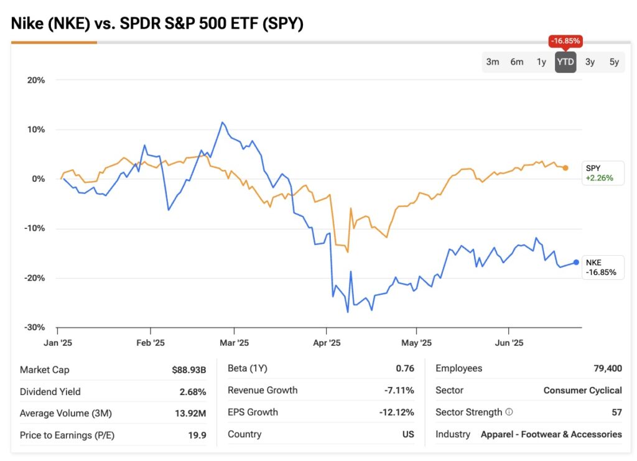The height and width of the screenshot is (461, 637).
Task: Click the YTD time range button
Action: click(565, 62)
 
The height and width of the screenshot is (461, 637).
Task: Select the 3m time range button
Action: click(493, 62)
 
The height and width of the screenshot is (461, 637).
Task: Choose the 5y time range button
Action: click(614, 62)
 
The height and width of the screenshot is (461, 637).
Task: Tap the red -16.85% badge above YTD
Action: click(565, 41)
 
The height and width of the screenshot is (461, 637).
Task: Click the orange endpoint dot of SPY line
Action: click(565, 168)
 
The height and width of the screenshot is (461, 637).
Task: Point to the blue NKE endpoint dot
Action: click(576, 262)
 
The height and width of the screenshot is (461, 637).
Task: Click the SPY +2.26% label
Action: click(600, 173)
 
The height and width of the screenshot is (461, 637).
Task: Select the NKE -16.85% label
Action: click(602, 267)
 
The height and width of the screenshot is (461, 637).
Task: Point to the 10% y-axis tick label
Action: click(35, 129)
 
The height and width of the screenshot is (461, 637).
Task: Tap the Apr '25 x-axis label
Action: click(327, 343)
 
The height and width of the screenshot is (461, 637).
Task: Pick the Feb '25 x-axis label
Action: click(150, 343)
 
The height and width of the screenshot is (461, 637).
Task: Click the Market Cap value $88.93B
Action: click(189, 370)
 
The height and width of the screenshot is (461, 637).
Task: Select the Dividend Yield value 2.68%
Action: click(193, 392)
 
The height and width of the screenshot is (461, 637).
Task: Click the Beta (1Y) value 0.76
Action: click(405, 368)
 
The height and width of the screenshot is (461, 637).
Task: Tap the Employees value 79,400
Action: click(608, 368)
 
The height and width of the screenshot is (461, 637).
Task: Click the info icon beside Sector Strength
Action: click(509, 412)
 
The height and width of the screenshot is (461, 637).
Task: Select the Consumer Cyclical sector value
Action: click(582, 390)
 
